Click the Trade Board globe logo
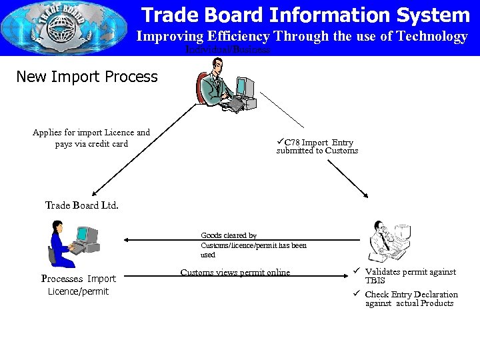[x=45, y=29]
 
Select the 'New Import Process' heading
[x=87, y=77]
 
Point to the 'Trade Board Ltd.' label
[x=82, y=205]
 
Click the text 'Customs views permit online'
[x=235, y=273]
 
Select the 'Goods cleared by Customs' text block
[x=253, y=245]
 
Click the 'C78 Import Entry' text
[x=318, y=143]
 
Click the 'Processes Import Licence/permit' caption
[x=78, y=285]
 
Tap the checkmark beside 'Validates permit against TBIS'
[x=357, y=271]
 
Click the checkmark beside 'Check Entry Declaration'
[x=357, y=294]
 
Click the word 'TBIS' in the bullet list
[x=375, y=281]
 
